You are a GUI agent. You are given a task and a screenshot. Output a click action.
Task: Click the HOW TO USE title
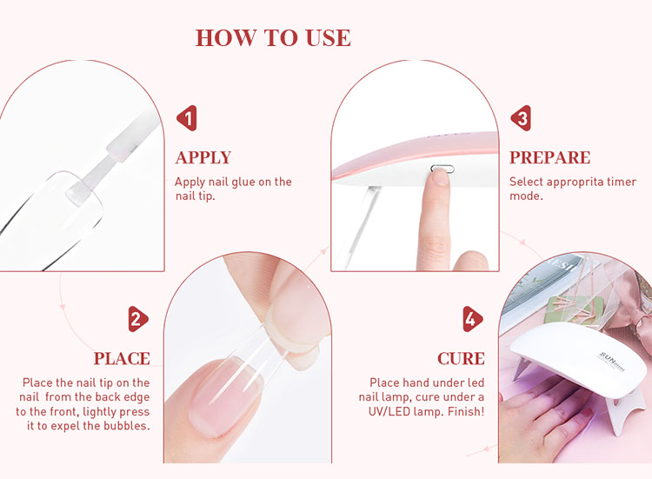pos(273,38)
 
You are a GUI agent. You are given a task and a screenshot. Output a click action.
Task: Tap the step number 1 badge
pos(187,117)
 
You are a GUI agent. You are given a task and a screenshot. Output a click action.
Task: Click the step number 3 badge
pos(520,117)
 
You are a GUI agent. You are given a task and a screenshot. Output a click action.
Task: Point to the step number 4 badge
pos(470,319)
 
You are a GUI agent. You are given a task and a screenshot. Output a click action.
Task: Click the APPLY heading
pos(203,158)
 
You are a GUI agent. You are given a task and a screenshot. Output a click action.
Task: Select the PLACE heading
pos(122,359)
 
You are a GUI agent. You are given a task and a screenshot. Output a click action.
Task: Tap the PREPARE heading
pos(549,158)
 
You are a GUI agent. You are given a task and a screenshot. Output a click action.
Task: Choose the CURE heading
pos(461,359)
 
